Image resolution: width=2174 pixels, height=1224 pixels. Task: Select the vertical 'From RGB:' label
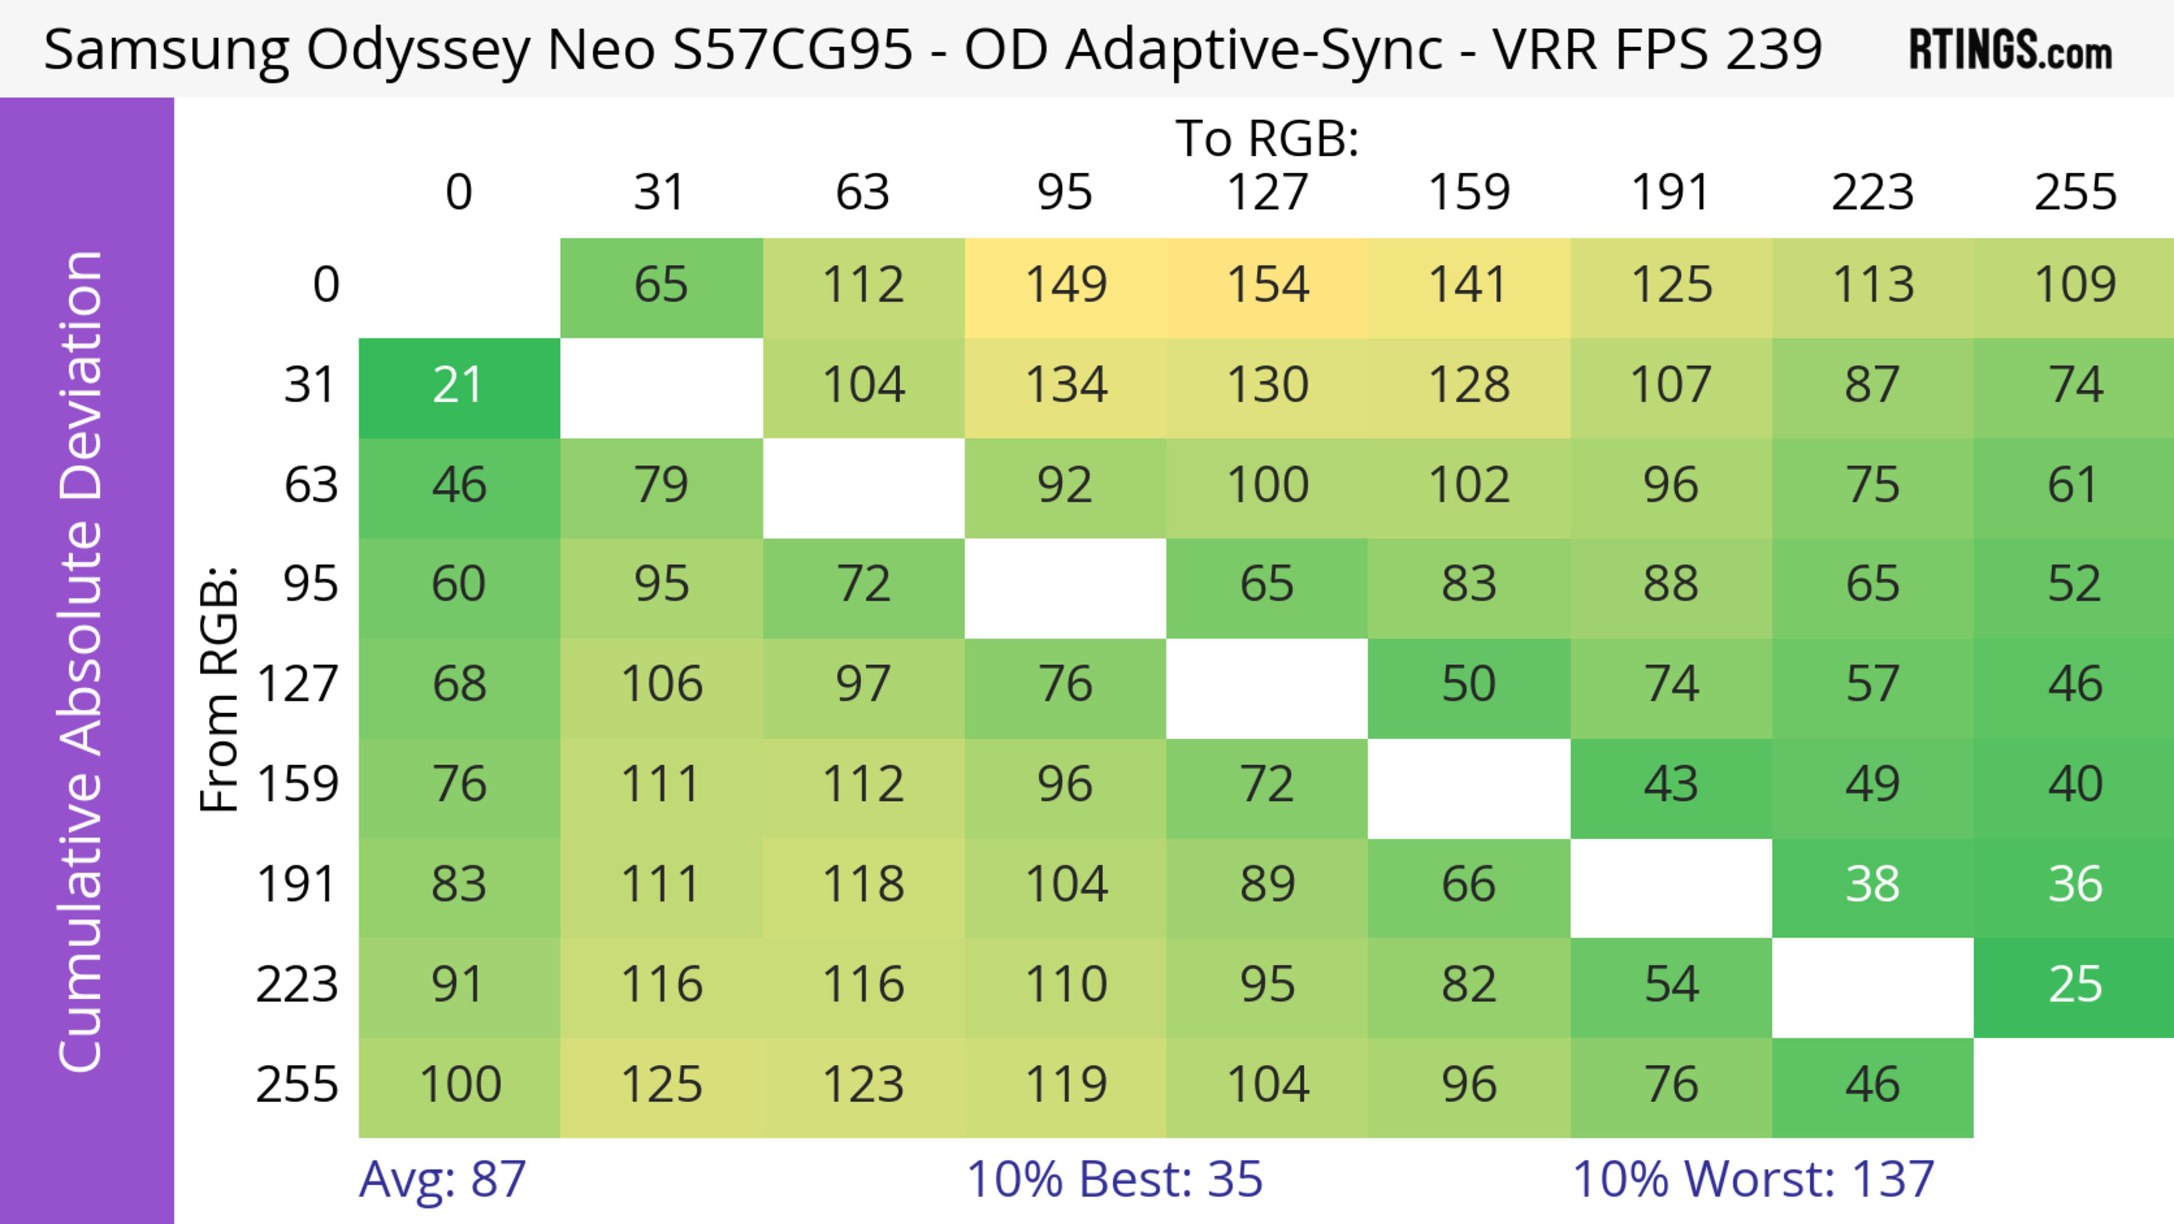[x=220, y=689]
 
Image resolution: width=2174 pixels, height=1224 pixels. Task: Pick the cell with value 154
[x=1267, y=285]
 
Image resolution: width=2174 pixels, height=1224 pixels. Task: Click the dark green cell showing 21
[x=458, y=386]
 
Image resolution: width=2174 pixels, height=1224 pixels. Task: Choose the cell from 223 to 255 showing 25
[x=2074, y=985]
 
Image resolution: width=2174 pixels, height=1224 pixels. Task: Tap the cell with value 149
[x=1065, y=285]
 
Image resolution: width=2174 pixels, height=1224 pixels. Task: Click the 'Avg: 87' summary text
[x=442, y=1179]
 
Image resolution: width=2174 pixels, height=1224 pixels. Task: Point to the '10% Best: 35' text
[x=1114, y=1179]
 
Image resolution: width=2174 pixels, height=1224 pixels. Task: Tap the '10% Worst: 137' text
[x=1753, y=1179]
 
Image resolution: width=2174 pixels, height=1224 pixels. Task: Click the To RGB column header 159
[x=1469, y=193]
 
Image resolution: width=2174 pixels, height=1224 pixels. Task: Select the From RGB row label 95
[x=311, y=584]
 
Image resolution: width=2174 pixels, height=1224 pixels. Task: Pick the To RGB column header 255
[x=2074, y=193]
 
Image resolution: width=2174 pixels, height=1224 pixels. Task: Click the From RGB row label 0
[x=326, y=285]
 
